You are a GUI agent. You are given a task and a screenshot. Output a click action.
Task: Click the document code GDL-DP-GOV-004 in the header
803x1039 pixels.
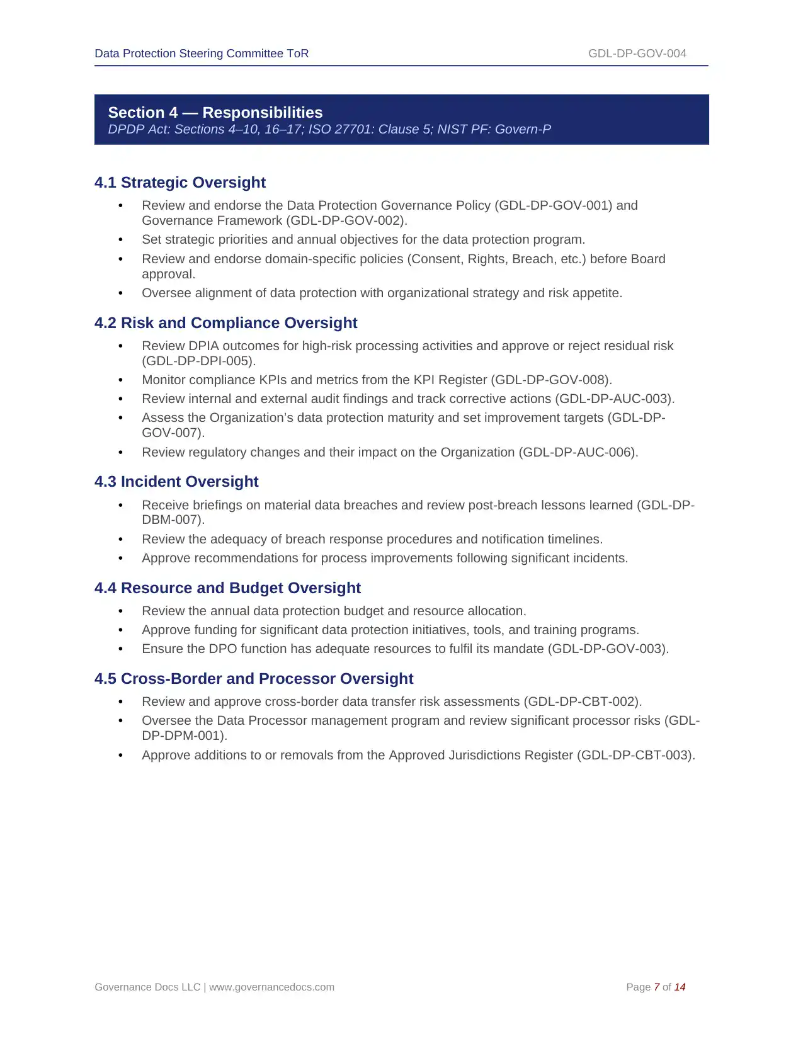pos(637,54)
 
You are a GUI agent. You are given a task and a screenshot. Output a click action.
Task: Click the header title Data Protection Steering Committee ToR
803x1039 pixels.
pos(202,54)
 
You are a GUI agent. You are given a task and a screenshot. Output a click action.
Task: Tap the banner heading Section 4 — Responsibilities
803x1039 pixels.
pos(215,112)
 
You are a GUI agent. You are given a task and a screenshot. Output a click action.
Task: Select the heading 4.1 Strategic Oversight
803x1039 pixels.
pos(180,183)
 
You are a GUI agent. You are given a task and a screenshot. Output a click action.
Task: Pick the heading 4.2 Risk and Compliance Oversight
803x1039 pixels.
pos(225,323)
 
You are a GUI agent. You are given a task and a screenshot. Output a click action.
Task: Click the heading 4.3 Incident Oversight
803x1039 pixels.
pos(176,482)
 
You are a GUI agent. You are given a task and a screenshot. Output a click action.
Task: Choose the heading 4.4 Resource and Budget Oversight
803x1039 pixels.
pos(227,588)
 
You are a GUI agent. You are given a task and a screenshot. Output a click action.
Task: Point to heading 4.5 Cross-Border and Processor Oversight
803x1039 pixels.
pos(254,679)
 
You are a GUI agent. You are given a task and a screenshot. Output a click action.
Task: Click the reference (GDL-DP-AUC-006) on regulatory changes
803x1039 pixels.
pos(578,452)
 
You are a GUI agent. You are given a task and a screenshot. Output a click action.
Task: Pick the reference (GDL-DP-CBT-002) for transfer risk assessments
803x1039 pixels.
pos(583,701)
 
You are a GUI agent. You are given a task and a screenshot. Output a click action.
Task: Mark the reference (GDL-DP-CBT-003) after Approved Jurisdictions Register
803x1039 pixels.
pos(636,755)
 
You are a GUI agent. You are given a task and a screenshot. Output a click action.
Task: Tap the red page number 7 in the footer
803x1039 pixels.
pos(656,987)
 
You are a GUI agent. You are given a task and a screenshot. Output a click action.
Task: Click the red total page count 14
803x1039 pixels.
pos(680,987)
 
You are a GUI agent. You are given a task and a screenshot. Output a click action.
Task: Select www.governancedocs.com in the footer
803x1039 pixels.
pos(271,987)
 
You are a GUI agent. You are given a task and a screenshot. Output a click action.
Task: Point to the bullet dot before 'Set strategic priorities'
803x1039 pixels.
pos(120,240)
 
